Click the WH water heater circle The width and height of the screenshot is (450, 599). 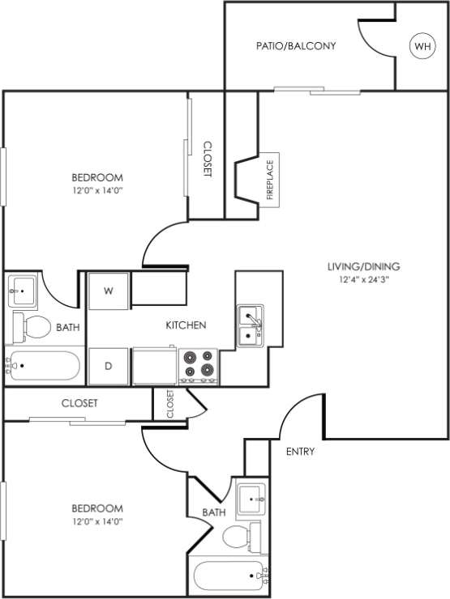422,47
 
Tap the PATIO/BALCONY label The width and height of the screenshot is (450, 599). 295,46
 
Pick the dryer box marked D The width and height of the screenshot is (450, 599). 108,366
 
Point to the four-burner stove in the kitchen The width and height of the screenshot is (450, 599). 199,365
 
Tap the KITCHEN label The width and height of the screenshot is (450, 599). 186,325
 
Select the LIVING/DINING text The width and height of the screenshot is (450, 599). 363,266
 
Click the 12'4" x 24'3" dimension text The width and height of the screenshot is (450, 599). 363,280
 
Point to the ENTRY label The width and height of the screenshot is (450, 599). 300,452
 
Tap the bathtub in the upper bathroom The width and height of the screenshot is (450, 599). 44,366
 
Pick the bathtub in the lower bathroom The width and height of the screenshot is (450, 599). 229,577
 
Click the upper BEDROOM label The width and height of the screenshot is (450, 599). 97,177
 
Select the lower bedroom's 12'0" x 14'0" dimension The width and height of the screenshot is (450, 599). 97,521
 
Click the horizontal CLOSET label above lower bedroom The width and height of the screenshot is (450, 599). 79,403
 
